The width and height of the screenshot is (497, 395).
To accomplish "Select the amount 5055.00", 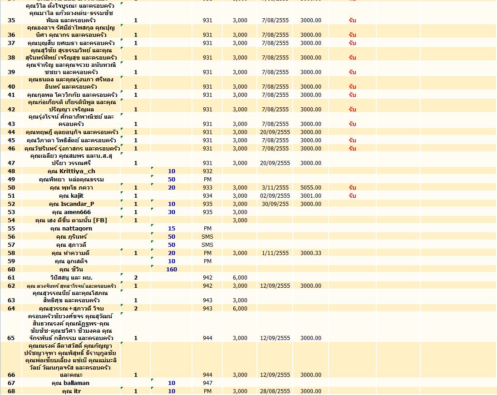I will pos(311,188).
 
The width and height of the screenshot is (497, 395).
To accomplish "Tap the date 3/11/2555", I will pos(276,188).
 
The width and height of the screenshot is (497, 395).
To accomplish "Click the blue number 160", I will pos(172,270).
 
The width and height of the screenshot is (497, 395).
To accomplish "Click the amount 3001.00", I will pos(311,196).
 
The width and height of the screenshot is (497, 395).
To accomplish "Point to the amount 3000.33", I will pos(311,253).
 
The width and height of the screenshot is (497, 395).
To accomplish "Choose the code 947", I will pos(207,383).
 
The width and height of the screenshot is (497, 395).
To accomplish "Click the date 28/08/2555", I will pos(276,391).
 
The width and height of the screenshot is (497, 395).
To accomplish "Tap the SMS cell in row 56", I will pos(207,237).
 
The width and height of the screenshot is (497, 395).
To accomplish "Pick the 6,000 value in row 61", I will pos(240,278).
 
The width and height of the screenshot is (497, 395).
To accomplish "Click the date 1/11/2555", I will pos(276,253).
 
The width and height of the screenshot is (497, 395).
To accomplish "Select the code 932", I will pos(207,171).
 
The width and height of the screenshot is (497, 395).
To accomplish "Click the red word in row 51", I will pos(352,196).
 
